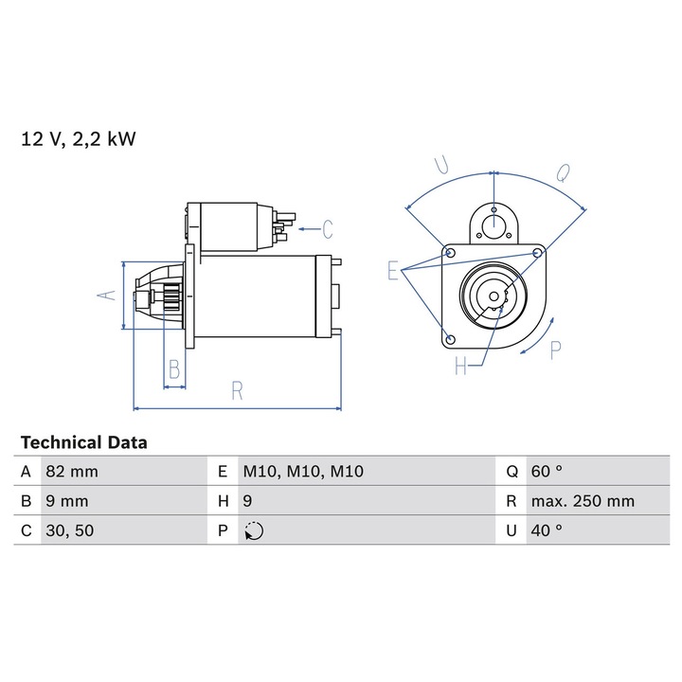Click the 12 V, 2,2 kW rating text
(x=79, y=140)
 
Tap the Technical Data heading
(x=83, y=442)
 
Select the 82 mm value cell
(x=71, y=472)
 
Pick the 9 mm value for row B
(x=66, y=501)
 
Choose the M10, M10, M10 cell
(x=303, y=472)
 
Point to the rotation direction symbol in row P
(x=253, y=531)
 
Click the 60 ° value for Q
(x=547, y=472)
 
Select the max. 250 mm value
(x=582, y=501)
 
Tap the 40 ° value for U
(x=547, y=530)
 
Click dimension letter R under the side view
(x=238, y=388)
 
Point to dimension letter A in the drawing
(x=108, y=296)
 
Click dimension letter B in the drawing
(x=173, y=368)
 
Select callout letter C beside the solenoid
(x=327, y=228)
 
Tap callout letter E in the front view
(x=393, y=271)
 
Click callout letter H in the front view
(x=460, y=366)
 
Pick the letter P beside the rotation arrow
(x=555, y=349)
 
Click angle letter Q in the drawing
(x=562, y=172)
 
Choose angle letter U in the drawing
(x=440, y=167)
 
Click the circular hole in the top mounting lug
(x=494, y=224)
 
